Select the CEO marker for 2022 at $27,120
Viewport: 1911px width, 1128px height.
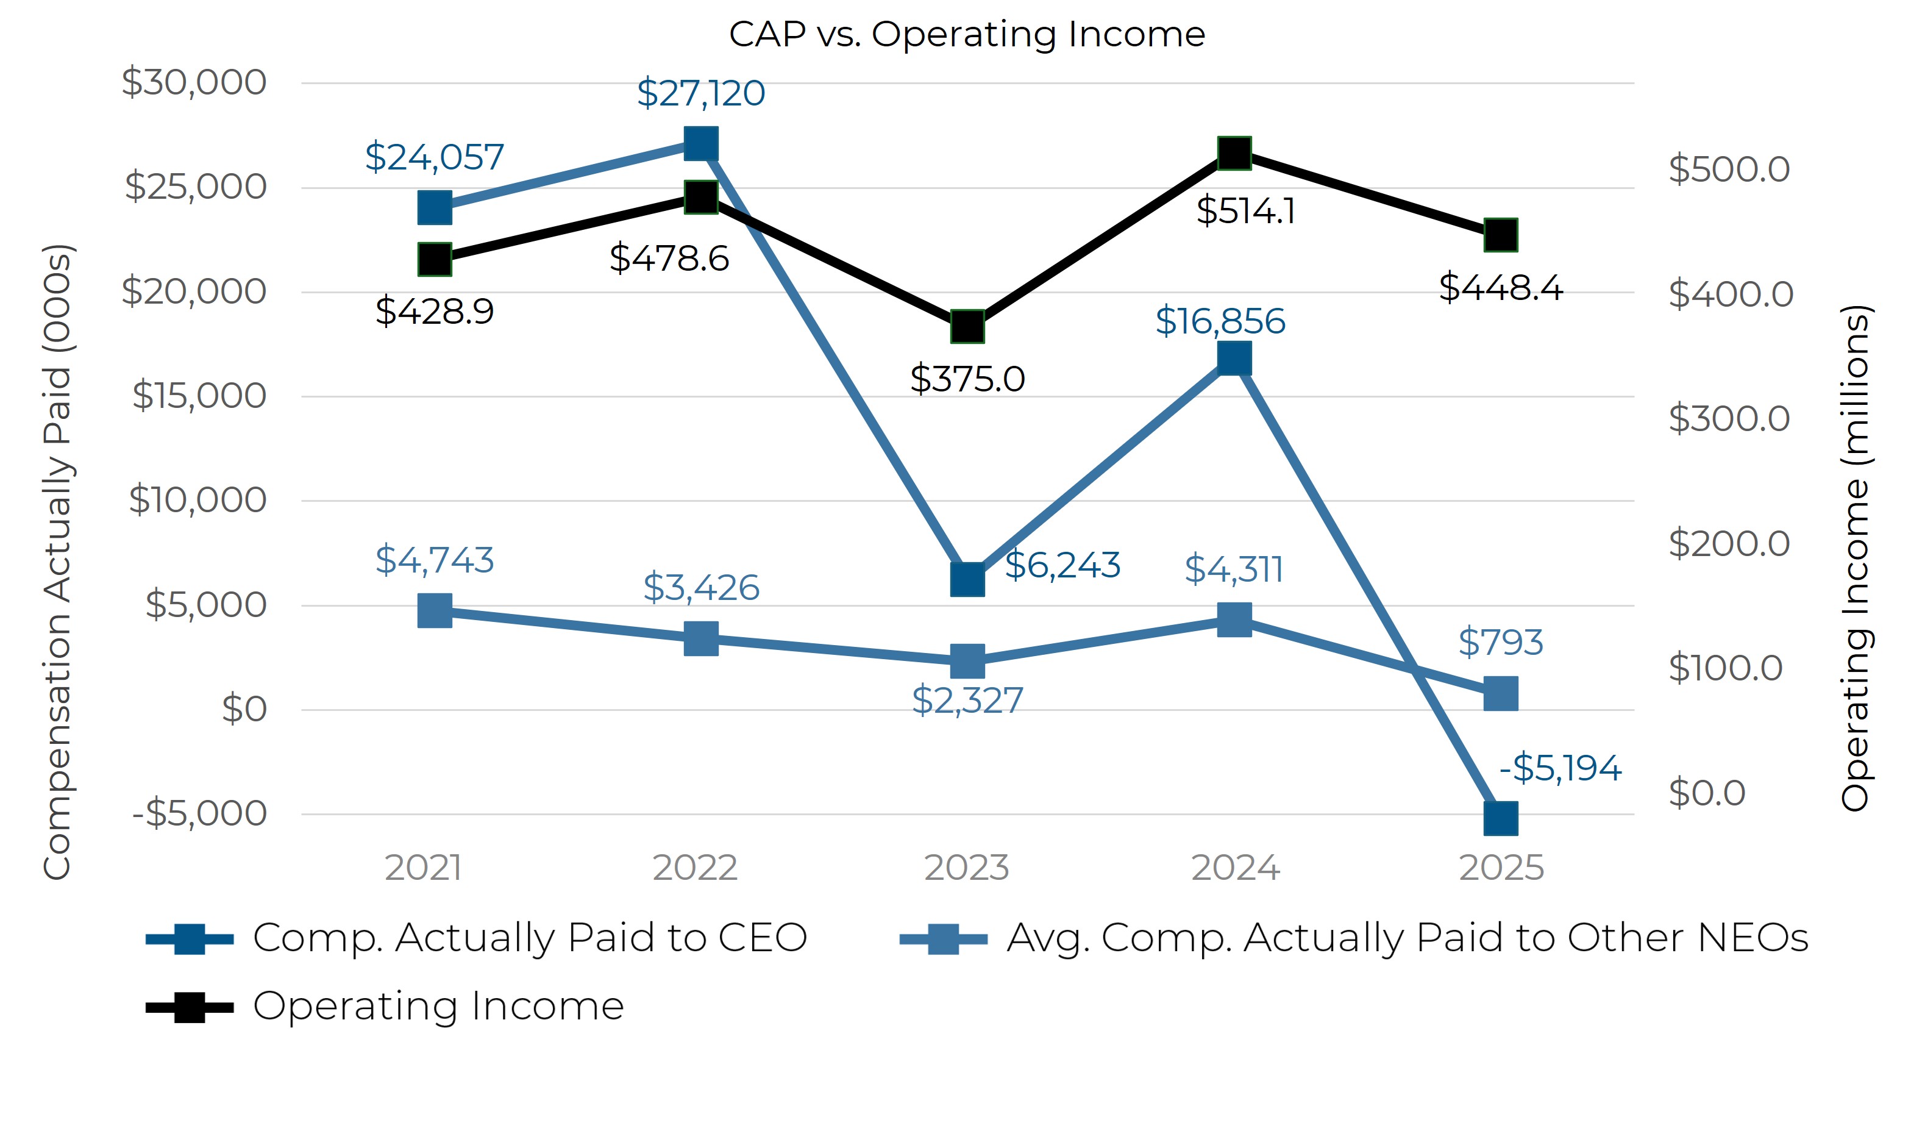pyautogui.click(x=700, y=144)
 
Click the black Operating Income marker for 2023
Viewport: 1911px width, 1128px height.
pyautogui.click(x=967, y=327)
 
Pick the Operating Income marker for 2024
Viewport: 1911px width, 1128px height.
pyautogui.click(x=1234, y=154)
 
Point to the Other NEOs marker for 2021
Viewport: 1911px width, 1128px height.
pyautogui.click(x=435, y=610)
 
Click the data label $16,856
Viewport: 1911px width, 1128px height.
pyautogui.click(x=1220, y=321)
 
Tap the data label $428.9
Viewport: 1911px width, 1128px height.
pyautogui.click(x=435, y=311)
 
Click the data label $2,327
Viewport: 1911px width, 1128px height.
pyautogui.click(x=967, y=700)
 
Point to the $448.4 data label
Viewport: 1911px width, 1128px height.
pyautogui.click(x=1500, y=287)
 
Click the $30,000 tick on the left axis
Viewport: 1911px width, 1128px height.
pyautogui.click(x=194, y=82)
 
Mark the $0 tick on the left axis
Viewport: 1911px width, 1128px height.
pyautogui.click(x=244, y=709)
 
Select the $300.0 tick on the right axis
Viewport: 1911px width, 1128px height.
pyautogui.click(x=1729, y=418)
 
